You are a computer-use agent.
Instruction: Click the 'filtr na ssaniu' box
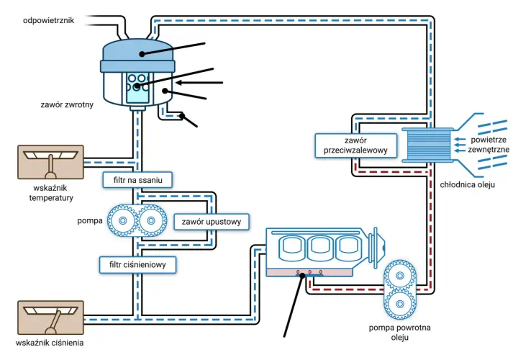pyautogui.click(x=137, y=180)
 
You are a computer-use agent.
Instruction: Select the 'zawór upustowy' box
pyautogui.click(x=212, y=222)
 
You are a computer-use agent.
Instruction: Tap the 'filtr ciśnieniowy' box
pyautogui.click(x=137, y=264)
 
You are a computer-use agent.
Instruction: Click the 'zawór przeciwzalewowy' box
pyautogui.click(x=356, y=145)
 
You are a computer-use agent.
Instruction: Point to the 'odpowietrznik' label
pyautogui.click(x=49, y=20)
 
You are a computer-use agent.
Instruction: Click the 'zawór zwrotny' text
pyautogui.click(x=67, y=105)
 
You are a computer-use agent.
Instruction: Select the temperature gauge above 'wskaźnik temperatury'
pyautogui.click(x=50, y=162)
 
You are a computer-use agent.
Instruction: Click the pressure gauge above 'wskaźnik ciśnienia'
pyautogui.click(x=50, y=318)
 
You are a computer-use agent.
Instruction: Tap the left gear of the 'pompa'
pyautogui.click(x=122, y=220)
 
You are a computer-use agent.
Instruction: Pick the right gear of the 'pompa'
pyautogui.click(x=151, y=220)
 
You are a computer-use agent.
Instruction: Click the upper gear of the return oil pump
pyautogui.click(x=400, y=276)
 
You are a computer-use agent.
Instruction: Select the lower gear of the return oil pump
pyautogui.click(x=400, y=304)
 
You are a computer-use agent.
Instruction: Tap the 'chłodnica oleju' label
pyautogui.click(x=468, y=185)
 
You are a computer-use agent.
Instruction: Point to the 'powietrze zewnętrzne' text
pyautogui.click(x=489, y=145)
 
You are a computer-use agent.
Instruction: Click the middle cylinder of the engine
pyautogui.click(x=320, y=248)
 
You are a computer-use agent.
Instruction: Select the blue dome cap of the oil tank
pyautogui.click(x=137, y=55)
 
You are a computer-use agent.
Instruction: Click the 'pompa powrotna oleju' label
pyautogui.click(x=400, y=332)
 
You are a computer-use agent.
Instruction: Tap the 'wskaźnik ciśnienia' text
pyautogui.click(x=50, y=343)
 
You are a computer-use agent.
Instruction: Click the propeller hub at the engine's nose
pyautogui.click(x=380, y=247)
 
